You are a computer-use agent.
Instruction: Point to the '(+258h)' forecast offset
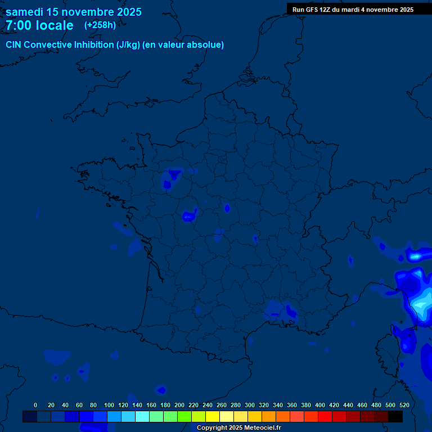click(100, 25)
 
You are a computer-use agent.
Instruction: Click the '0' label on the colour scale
click(35, 405)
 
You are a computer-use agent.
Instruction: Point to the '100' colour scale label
click(109, 405)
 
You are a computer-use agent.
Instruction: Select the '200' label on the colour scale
click(179, 405)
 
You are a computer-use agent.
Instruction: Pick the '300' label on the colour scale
click(250, 405)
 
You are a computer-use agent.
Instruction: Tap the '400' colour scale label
click(320, 405)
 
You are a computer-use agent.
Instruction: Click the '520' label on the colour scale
click(404, 405)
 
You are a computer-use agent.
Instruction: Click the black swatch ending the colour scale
click(395, 416)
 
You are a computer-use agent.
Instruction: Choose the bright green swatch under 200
click(184, 416)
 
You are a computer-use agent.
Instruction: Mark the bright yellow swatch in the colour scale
click(212, 416)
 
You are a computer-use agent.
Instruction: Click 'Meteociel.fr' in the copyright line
click(263, 428)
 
